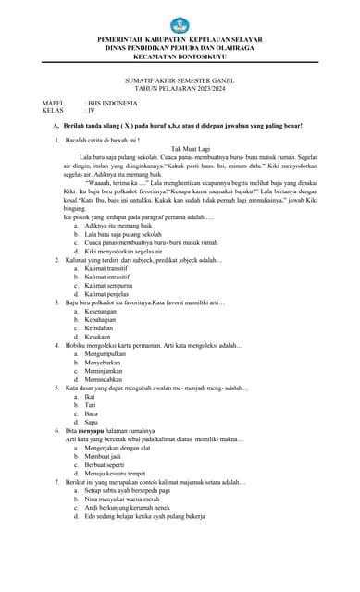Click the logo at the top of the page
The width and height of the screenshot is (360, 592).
tap(180, 25)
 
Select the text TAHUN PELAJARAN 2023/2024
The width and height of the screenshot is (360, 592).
tap(180, 89)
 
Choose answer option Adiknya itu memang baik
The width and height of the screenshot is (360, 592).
tap(120, 226)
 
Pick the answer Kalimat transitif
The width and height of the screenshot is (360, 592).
tap(112, 268)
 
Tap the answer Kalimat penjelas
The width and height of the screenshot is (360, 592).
tap(111, 294)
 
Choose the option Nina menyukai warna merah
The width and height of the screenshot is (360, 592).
tap(126, 499)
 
